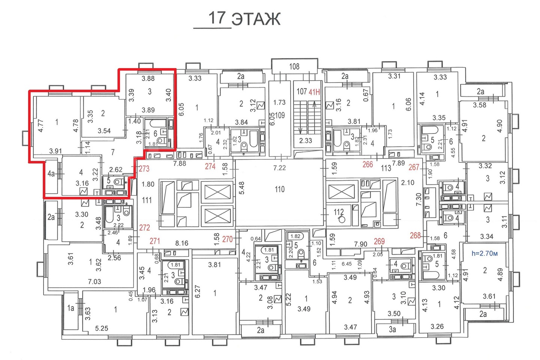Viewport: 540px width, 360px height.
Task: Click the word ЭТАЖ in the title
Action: pyautogui.click(x=256, y=19)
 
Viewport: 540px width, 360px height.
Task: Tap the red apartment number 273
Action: pyautogui.click(x=144, y=168)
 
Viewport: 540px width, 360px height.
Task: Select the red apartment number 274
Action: pyautogui.click(x=210, y=166)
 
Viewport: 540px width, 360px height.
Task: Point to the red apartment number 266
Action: pyautogui.click(x=367, y=165)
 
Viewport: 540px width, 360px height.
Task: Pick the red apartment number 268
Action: pyautogui.click(x=415, y=235)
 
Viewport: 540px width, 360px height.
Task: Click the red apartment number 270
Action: pyautogui.click(x=227, y=239)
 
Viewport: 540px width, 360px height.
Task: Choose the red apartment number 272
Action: pyautogui.click(x=144, y=228)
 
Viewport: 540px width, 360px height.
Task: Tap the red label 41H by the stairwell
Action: pyautogui.click(x=314, y=92)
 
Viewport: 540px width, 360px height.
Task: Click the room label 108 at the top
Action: pyautogui.click(x=294, y=66)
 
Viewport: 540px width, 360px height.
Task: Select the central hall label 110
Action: pyautogui.click(x=280, y=189)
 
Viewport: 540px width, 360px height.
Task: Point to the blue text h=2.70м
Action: pyautogui.click(x=484, y=253)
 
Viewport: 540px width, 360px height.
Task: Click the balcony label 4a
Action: pyautogui.click(x=51, y=173)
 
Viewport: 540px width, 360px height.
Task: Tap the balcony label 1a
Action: pyautogui.click(x=70, y=308)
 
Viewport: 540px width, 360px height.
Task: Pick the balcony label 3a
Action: pyautogui.click(x=392, y=329)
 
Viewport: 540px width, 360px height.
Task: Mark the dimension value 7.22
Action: pyautogui.click(x=279, y=167)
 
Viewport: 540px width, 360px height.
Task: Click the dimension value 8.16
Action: pyautogui.click(x=181, y=243)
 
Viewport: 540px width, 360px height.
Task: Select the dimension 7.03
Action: pyautogui.click(x=94, y=281)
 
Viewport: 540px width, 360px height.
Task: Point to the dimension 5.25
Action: pyautogui.click(x=102, y=328)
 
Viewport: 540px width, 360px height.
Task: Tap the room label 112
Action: pyautogui.click(x=339, y=212)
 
